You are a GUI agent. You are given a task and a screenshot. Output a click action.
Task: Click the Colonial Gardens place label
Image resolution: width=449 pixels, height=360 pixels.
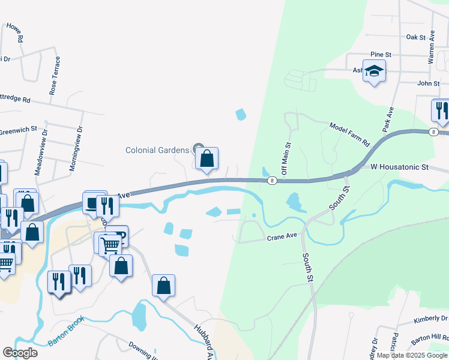click(x=157, y=150)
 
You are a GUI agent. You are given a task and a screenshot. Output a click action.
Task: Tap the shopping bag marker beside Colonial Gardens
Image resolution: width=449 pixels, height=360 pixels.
click(x=206, y=159)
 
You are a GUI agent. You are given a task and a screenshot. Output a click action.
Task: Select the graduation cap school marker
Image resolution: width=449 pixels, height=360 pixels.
click(x=375, y=72)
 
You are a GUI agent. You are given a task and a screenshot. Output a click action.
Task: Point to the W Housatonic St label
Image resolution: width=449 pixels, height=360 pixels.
click(x=399, y=166)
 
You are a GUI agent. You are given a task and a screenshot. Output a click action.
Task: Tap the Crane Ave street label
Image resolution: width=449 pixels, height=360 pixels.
click(x=283, y=237)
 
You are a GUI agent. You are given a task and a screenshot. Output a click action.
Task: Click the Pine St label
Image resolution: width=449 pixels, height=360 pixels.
click(x=381, y=55)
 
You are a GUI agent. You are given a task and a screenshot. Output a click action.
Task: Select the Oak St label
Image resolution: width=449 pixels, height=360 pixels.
click(x=415, y=37)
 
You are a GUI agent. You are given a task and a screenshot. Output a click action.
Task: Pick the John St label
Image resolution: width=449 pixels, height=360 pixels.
click(x=429, y=83)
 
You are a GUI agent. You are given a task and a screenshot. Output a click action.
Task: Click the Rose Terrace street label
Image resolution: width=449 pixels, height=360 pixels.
click(x=55, y=76)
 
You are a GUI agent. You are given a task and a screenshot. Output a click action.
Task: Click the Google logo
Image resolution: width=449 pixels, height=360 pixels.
click(x=20, y=352)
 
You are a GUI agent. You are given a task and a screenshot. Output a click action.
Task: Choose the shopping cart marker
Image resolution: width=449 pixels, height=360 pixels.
click(x=110, y=244)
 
